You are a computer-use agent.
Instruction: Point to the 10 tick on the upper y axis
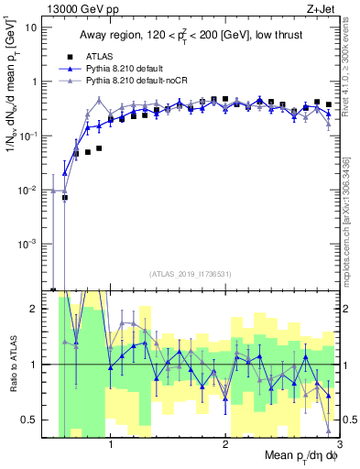[x=37, y=27]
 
